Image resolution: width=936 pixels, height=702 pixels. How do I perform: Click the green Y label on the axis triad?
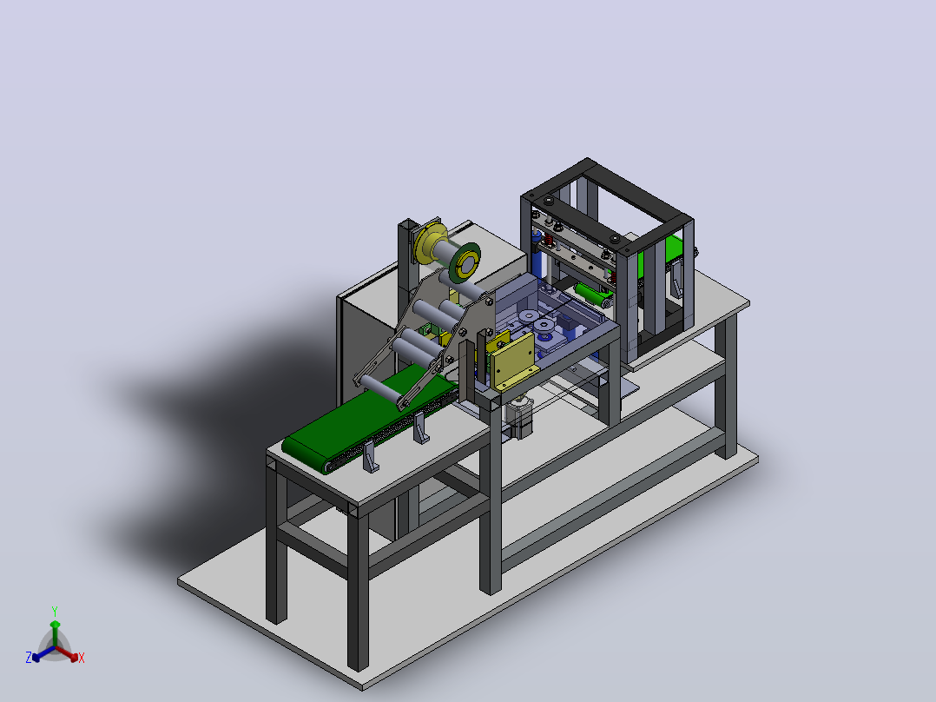55,612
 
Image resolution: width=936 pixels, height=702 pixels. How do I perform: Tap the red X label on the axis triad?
82,658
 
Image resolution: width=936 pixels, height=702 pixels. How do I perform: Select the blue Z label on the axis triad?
28,657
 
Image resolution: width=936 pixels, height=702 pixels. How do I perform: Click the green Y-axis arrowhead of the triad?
55,625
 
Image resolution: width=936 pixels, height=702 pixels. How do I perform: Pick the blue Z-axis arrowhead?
36,657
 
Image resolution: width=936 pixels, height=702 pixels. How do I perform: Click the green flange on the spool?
465,262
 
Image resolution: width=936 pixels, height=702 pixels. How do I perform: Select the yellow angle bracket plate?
512,361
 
